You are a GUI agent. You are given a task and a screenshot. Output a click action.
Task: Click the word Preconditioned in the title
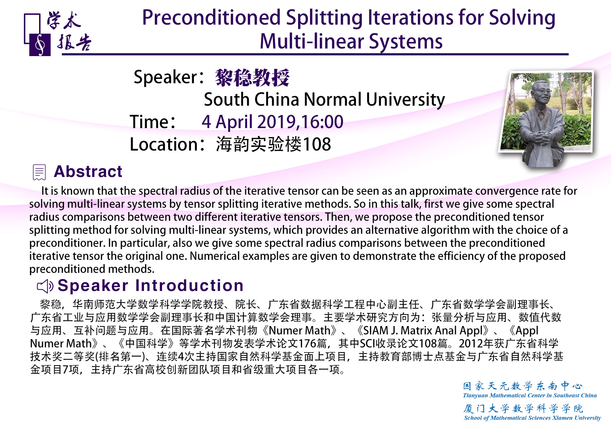[x=211, y=18]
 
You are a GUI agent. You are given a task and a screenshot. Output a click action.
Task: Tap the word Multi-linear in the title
[x=312, y=42]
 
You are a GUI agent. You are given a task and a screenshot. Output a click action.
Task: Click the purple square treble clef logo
[x=40, y=45]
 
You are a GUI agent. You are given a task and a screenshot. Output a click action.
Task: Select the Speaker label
[x=165, y=77]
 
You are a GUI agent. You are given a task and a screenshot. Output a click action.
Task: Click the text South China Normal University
[x=324, y=100]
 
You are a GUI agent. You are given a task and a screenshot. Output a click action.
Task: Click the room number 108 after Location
[x=317, y=144]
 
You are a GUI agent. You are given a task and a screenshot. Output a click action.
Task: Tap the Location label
[x=164, y=144]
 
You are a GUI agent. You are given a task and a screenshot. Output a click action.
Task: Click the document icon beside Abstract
[x=39, y=172]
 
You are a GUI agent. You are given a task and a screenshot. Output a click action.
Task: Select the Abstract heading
[x=88, y=172]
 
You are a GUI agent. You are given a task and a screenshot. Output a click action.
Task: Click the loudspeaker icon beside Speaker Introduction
[x=45, y=286]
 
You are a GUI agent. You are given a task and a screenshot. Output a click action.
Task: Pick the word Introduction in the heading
[x=189, y=286]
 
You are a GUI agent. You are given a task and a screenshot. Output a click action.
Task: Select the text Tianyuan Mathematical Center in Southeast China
[x=530, y=396]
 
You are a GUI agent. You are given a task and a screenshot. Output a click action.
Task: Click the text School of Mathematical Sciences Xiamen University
[x=532, y=418]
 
